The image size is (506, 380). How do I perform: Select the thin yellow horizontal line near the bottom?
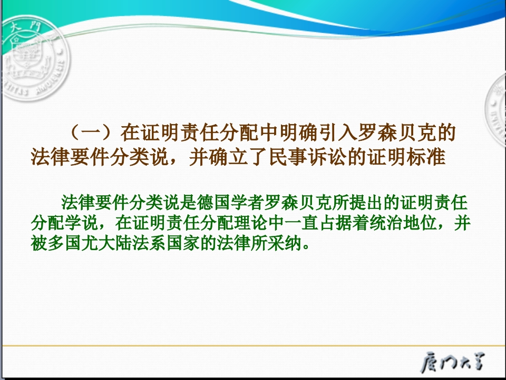click(253, 346)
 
